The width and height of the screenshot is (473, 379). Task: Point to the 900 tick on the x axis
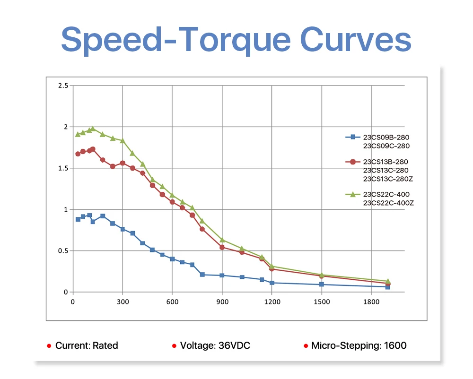coord(222,301)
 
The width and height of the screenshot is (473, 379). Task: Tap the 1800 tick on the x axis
coord(371,301)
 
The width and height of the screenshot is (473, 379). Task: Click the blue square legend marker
coord(352,137)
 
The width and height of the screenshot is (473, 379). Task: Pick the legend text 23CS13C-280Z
coord(388,179)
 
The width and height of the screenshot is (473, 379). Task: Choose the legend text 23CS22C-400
coord(386,194)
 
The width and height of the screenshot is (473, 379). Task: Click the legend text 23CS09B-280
coord(386,137)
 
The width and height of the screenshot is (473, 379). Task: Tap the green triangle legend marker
coord(352,194)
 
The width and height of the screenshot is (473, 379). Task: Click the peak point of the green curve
coord(93,129)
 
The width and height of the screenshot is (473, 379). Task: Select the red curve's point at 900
coord(222,247)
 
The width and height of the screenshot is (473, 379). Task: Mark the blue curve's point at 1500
coord(322,284)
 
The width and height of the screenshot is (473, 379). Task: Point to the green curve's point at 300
coord(123,141)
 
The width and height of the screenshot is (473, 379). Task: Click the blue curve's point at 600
coord(172,259)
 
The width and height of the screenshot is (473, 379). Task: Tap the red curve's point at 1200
coord(272,269)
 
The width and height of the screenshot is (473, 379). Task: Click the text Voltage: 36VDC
coord(215,345)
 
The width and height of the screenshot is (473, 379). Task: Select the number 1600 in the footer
coord(395,345)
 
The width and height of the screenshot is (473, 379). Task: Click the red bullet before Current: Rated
coord(49,346)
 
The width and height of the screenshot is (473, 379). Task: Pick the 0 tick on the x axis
coord(73,301)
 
